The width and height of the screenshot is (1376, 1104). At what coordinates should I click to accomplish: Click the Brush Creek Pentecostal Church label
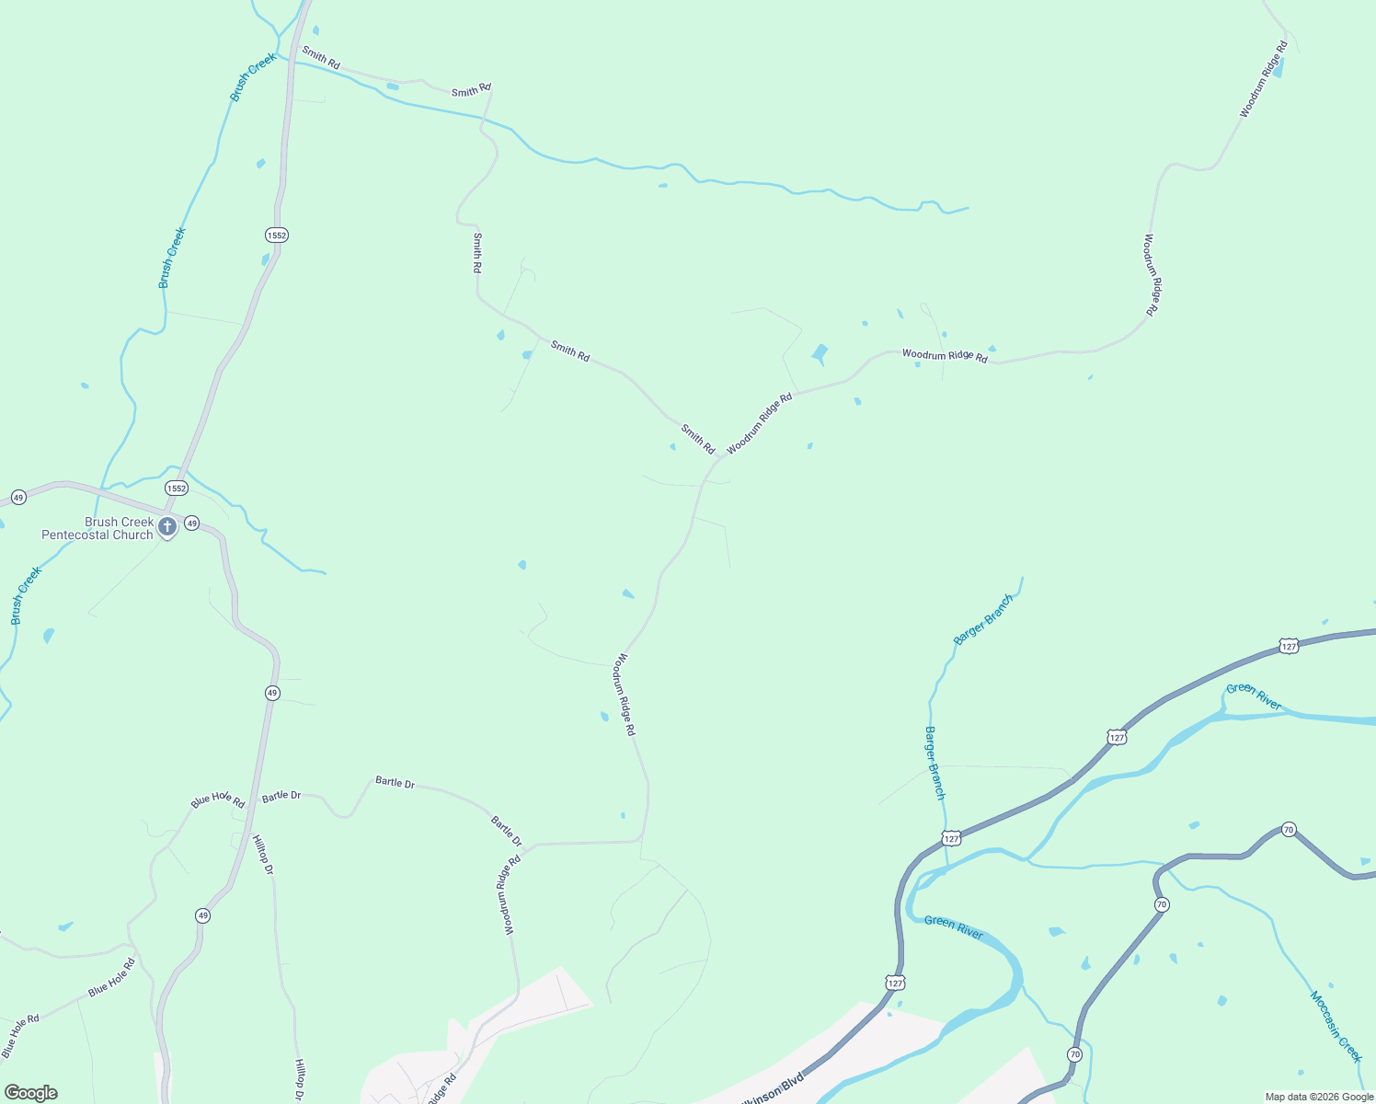(x=97, y=528)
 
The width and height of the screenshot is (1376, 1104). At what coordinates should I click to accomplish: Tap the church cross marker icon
(x=167, y=527)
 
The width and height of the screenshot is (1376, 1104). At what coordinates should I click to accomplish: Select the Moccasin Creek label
(x=1336, y=1027)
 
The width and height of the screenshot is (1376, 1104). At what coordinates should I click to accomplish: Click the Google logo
(x=30, y=1093)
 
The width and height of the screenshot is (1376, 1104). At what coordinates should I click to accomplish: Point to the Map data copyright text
(x=1319, y=1097)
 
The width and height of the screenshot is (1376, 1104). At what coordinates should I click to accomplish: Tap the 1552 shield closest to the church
(x=177, y=488)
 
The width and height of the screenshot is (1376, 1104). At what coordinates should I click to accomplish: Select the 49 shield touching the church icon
(x=191, y=523)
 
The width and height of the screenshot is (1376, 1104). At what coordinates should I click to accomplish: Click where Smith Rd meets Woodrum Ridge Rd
(x=718, y=458)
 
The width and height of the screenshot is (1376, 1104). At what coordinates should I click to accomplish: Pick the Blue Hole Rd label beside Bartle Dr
(x=218, y=799)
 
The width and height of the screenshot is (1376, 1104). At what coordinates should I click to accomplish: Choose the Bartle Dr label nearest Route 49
(x=281, y=795)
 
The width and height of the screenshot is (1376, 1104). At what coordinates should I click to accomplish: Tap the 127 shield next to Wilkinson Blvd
(x=895, y=983)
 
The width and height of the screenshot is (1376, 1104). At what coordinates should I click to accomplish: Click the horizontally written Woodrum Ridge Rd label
(x=945, y=355)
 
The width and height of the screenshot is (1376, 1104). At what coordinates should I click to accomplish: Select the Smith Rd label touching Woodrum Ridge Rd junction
(x=697, y=439)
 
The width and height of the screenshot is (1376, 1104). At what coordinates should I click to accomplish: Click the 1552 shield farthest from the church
(x=277, y=235)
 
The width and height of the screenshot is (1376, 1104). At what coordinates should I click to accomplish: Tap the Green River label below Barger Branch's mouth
(x=954, y=926)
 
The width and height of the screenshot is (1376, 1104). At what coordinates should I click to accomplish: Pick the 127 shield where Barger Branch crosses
(x=951, y=838)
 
